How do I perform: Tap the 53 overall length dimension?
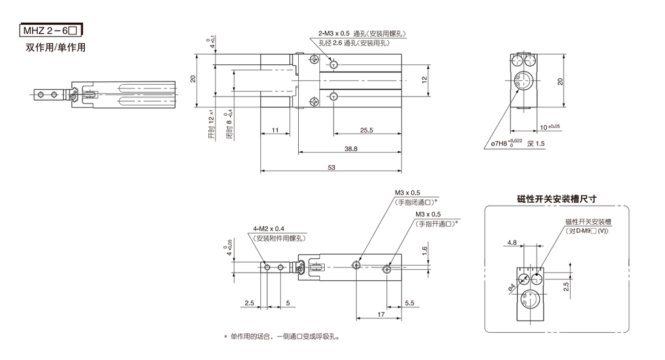click(331, 167)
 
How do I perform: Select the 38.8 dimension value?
click(350, 149)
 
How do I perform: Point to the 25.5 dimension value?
click(366, 131)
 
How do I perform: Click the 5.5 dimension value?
click(410, 303)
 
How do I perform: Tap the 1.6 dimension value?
click(424, 250)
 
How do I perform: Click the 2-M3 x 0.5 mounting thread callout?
click(337, 33)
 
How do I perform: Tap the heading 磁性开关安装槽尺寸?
click(556, 198)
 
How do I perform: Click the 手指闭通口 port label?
click(415, 202)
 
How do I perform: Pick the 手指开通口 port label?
click(437, 224)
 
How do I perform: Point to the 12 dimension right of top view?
click(424, 79)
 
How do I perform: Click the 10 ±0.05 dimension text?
click(550, 127)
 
